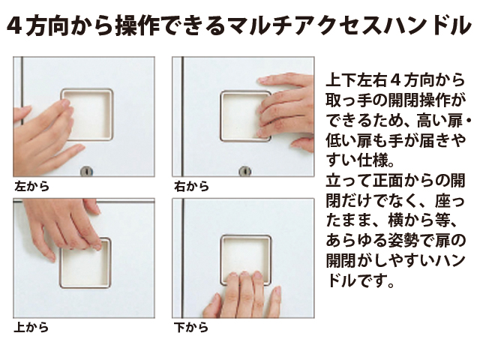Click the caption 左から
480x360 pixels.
[31, 187]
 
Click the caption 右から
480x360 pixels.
[191, 187]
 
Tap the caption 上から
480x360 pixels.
[31, 328]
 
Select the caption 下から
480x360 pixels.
[191, 328]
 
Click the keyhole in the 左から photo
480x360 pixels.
[87, 172]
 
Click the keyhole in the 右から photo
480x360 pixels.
[245, 172]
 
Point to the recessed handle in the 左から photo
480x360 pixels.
[88, 115]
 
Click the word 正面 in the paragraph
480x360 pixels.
[388, 181]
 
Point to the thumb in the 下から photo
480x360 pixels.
[211, 306]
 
